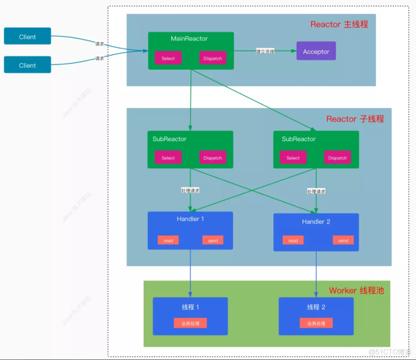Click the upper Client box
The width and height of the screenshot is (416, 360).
(x=27, y=36)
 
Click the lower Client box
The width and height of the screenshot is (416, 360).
(x=27, y=65)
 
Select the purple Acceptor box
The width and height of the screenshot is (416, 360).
(x=316, y=51)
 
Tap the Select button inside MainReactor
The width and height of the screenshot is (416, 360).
(x=168, y=58)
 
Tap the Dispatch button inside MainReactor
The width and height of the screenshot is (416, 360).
(x=213, y=58)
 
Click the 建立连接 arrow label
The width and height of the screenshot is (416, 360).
(x=265, y=51)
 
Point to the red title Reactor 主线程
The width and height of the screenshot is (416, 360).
(x=339, y=24)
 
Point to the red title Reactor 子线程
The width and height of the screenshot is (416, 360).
(x=355, y=119)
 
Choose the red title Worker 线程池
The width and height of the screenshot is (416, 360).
(x=356, y=290)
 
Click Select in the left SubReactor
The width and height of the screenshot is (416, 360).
(x=168, y=158)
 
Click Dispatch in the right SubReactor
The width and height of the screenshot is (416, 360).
(x=337, y=158)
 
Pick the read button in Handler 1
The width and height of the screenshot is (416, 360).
(x=168, y=240)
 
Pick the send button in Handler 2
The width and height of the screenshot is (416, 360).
(x=343, y=240)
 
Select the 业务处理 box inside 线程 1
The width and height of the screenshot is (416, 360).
(x=190, y=323)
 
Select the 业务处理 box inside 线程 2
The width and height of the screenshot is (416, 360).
(x=316, y=323)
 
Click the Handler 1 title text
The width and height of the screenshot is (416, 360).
(x=190, y=219)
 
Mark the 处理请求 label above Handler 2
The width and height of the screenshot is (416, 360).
(x=316, y=191)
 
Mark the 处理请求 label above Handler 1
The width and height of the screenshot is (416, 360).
(x=190, y=190)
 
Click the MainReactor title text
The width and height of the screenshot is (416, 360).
(x=189, y=39)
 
